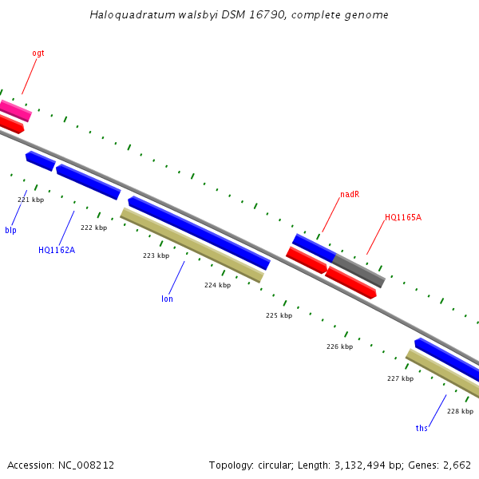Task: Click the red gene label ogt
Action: click(x=38, y=53)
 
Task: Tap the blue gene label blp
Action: click(x=10, y=231)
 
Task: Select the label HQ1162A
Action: click(x=57, y=250)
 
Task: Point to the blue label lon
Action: click(x=167, y=299)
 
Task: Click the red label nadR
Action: click(x=350, y=194)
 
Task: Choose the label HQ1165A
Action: click(x=403, y=217)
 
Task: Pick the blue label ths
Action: click(x=422, y=429)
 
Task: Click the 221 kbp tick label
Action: click(x=30, y=200)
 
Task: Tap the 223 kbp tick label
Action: click(x=156, y=255)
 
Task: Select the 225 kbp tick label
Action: click(x=279, y=315)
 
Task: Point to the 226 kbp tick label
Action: click(x=339, y=346)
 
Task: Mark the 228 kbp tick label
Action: click(x=460, y=411)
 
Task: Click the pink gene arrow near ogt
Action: click(x=15, y=110)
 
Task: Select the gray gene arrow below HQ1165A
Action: click(x=358, y=270)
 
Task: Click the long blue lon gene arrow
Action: click(x=199, y=232)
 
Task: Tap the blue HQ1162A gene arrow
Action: click(x=88, y=181)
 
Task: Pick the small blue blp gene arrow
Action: click(x=40, y=160)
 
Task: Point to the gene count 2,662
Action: click(x=455, y=465)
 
